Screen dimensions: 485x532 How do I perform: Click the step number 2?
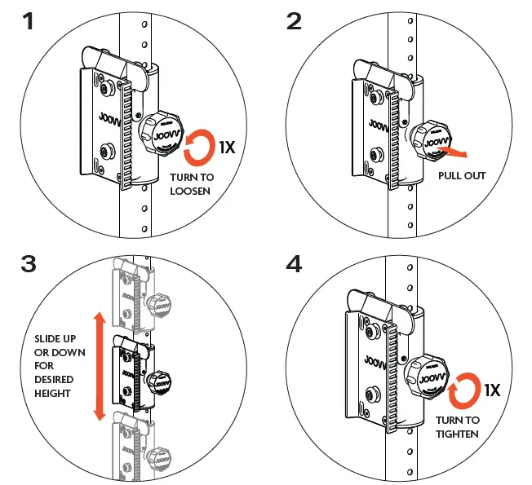click(295, 22)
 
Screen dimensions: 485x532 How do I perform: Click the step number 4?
click(295, 266)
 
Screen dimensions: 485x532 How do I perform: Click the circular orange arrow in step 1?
click(200, 148)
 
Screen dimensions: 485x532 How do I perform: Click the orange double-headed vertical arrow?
click(100, 366)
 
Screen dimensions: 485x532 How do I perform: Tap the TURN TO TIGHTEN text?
click(458, 427)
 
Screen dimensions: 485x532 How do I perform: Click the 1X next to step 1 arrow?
click(228, 148)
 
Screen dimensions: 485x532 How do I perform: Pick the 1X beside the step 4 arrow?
click(492, 390)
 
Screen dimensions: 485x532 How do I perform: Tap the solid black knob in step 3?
click(156, 379)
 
